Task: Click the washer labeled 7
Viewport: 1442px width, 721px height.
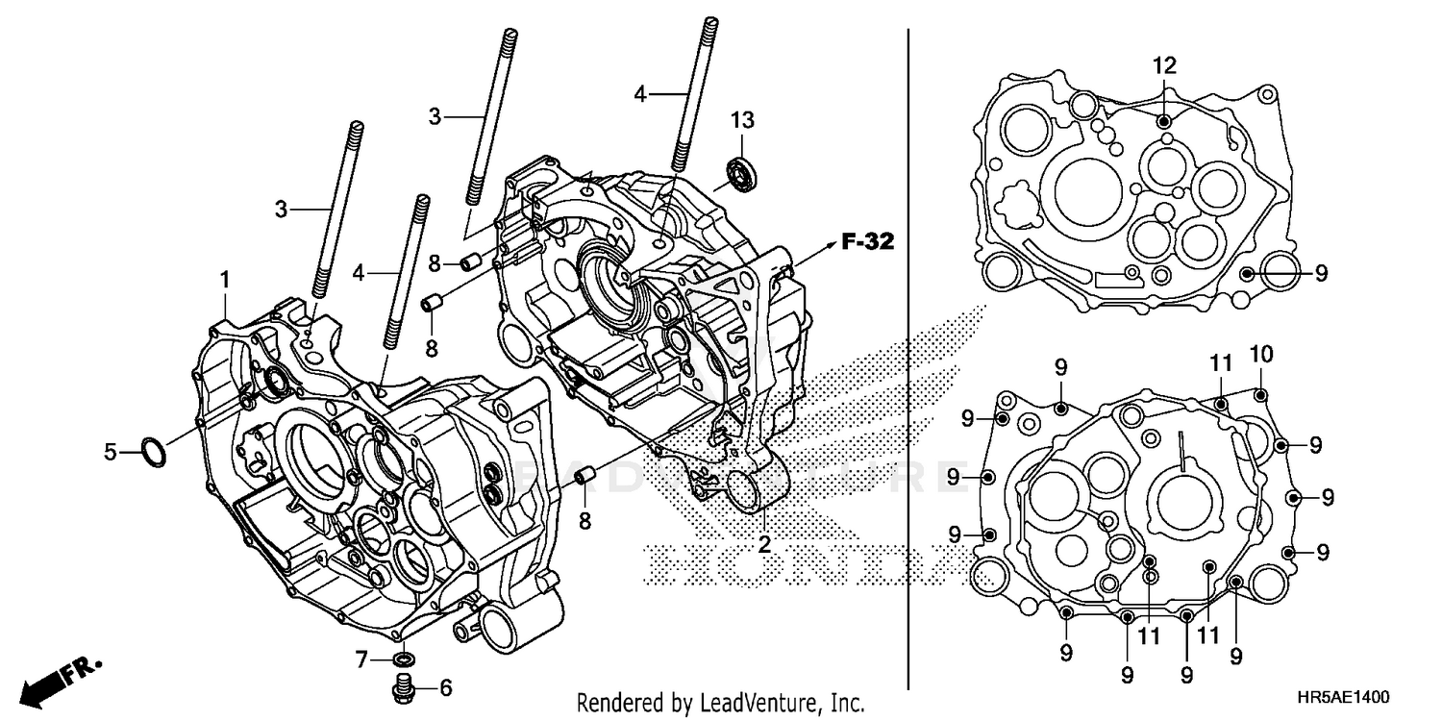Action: [405, 659]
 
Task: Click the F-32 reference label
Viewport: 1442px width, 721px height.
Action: [867, 242]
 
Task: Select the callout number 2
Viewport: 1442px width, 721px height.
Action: [764, 544]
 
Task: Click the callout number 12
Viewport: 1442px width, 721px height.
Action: [1164, 65]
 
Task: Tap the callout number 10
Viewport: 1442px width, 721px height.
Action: [1261, 354]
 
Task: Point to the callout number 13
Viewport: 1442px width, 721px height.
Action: [741, 120]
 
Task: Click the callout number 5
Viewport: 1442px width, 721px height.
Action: [111, 450]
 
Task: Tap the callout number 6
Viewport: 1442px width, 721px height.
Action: [444, 687]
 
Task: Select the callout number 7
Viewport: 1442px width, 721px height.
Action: [361, 659]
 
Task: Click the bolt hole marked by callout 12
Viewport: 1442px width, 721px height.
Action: [1164, 121]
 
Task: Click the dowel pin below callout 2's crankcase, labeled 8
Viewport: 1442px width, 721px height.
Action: [582, 477]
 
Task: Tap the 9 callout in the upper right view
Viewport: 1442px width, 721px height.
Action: [1321, 273]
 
